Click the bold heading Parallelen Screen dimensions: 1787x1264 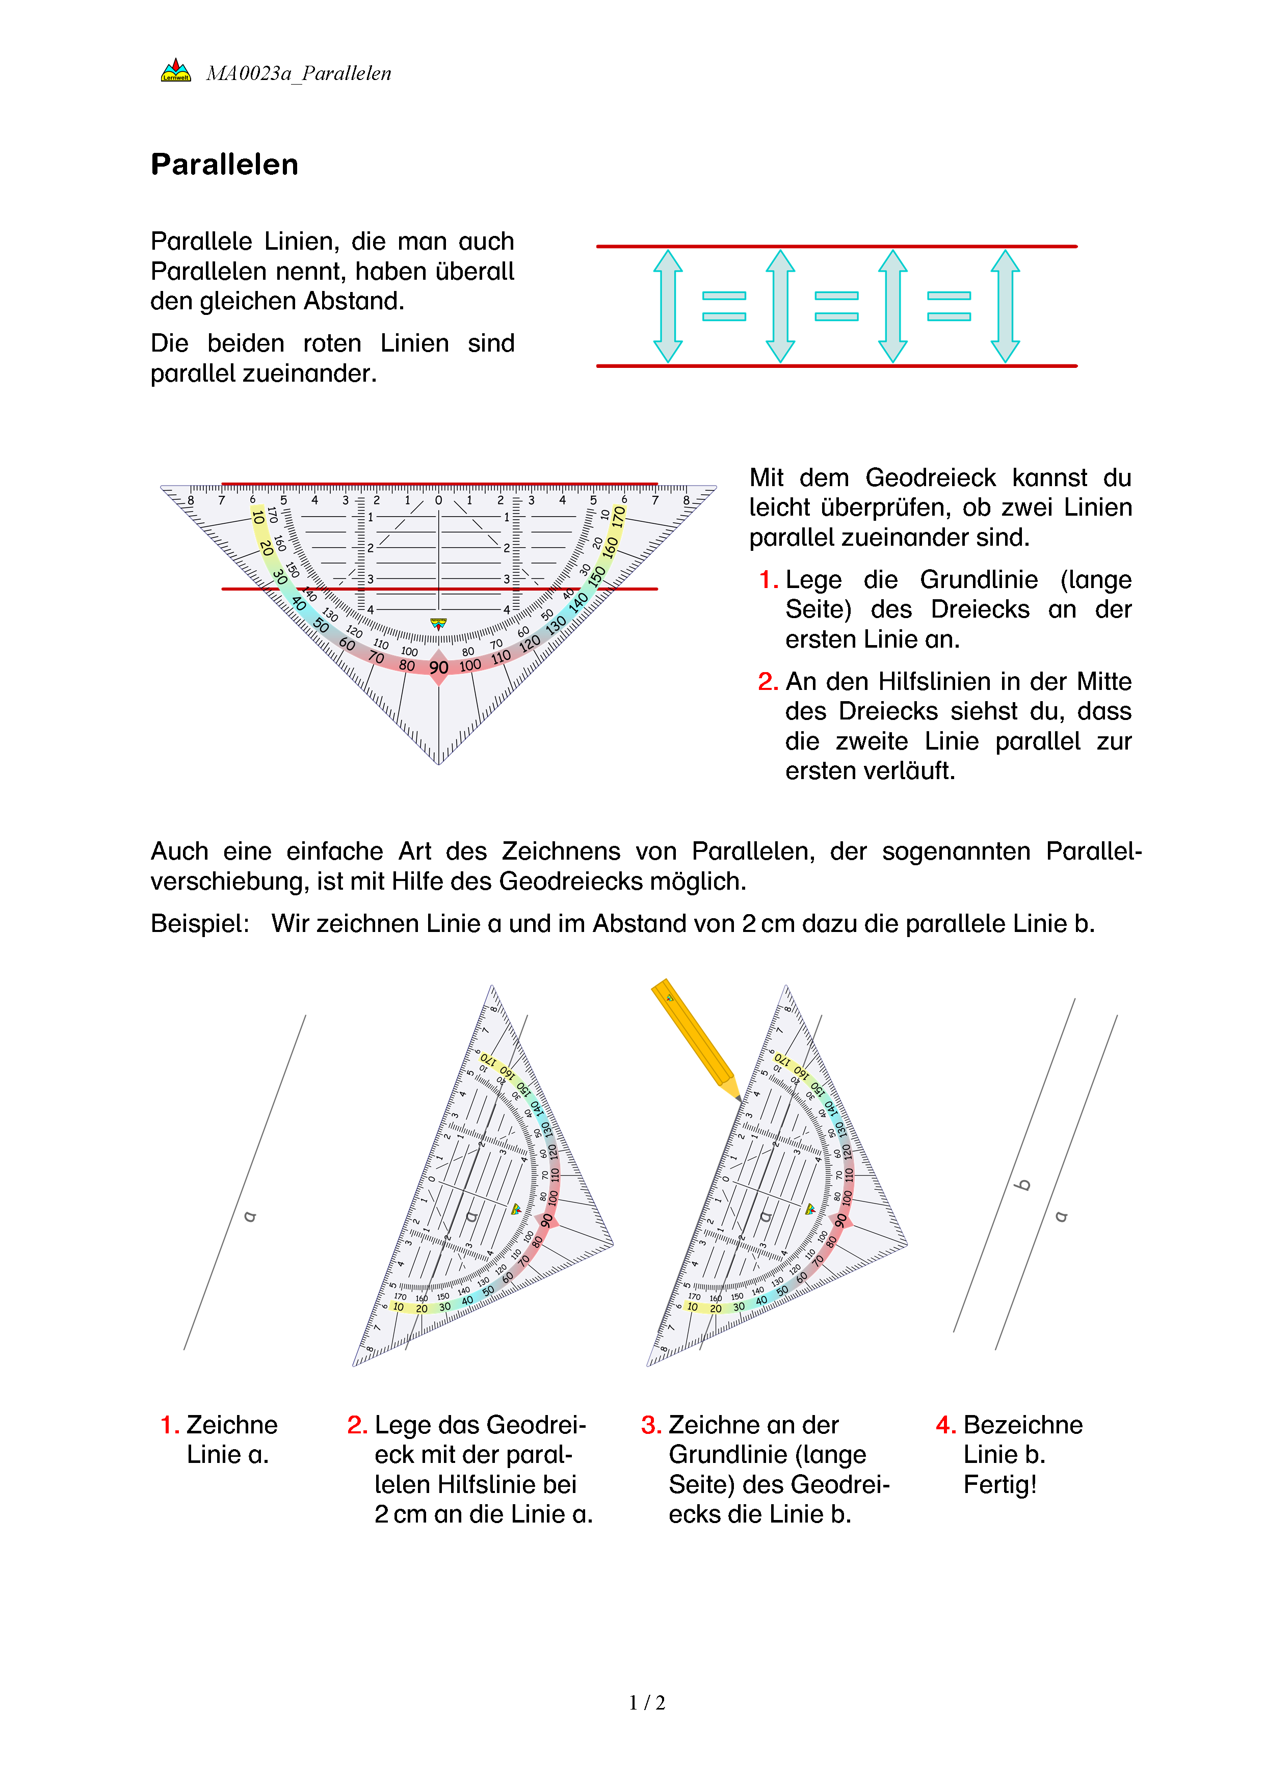pyautogui.click(x=224, y=165)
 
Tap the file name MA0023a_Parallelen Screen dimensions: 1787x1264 pyautogui.click(x=299, y=74)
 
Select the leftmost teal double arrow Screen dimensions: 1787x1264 pyautogui.click(x=668, y=306)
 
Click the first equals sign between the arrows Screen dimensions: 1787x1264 pyautogui.click(x=724, y=306)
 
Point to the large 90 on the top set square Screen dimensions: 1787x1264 pyautogui.click(x=439, y=667)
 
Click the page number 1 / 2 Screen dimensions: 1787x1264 pyautogui.click(x=647, y=1703)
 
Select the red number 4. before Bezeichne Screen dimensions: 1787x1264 pyautogui.click(x=945, y=1425)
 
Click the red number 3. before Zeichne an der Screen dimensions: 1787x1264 pyautogui.click(x=651, y=1425)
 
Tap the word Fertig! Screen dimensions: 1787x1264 pyautogui.click(x=1000, y=1485)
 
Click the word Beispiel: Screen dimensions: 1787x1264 pyautogui.click(x=200, y=924)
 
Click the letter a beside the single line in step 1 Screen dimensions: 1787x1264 pyautogui.click(x=250, y=1216)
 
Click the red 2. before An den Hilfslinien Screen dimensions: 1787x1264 pyautogui.click(x=768, y=682)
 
